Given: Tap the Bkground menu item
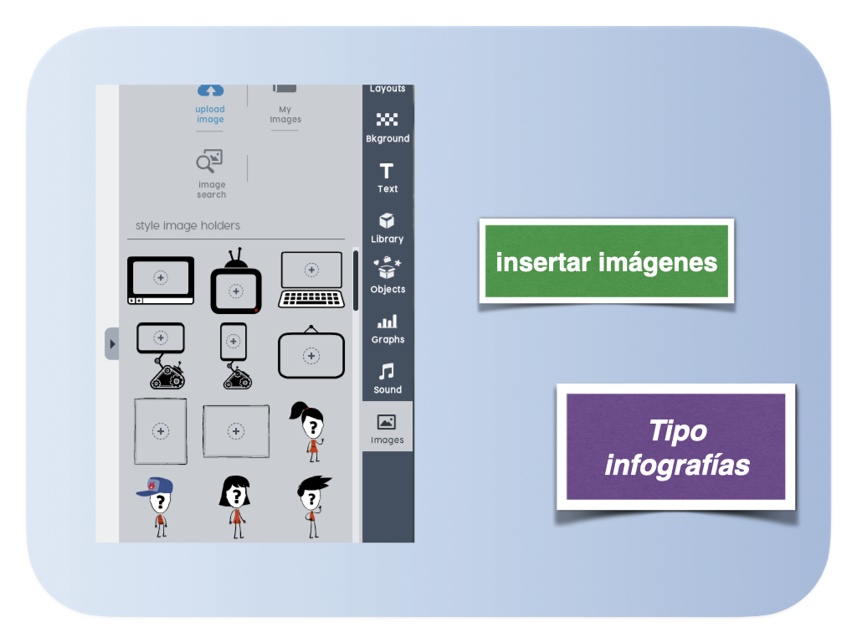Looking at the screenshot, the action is (x=387, y=128).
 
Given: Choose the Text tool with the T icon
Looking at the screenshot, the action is (x=387, y=178).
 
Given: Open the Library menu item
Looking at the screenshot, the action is (x=387, y=228).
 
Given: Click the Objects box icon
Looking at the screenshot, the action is (x=387, y=268).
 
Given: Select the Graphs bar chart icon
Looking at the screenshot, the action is (x=387, y=321).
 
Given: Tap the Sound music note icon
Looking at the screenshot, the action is (x=387, y=371).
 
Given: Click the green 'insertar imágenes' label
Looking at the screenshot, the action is (x=607, y=261).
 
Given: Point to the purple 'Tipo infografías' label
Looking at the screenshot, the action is (x=676, y=447).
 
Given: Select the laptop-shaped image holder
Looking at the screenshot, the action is (x=311, y=280).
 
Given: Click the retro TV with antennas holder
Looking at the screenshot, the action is (x=236, y=281).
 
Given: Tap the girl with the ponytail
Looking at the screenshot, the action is (x=308, y=431).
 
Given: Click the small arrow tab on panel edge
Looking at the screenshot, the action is (x=112, y=344).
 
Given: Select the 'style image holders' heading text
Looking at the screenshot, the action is (x=187, y=225).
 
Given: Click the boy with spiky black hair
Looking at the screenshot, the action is (x=313, y=507).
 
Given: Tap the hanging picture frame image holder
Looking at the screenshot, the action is (x=311, y=352).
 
